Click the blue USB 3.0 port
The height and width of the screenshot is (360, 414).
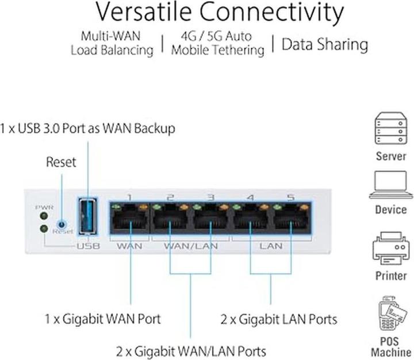click(x=88, y=217)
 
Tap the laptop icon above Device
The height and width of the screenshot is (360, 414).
click(x=391, y=186)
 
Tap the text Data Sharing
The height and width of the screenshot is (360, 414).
click(x=325, y=45)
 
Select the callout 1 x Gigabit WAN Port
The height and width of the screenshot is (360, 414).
click(x=103, y=318)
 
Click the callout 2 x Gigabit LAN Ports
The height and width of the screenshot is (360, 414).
click(x=279, y=318)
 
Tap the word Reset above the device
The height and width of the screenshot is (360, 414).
click(x=61, y=162)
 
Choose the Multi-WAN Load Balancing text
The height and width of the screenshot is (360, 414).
click(x=112, y=43)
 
